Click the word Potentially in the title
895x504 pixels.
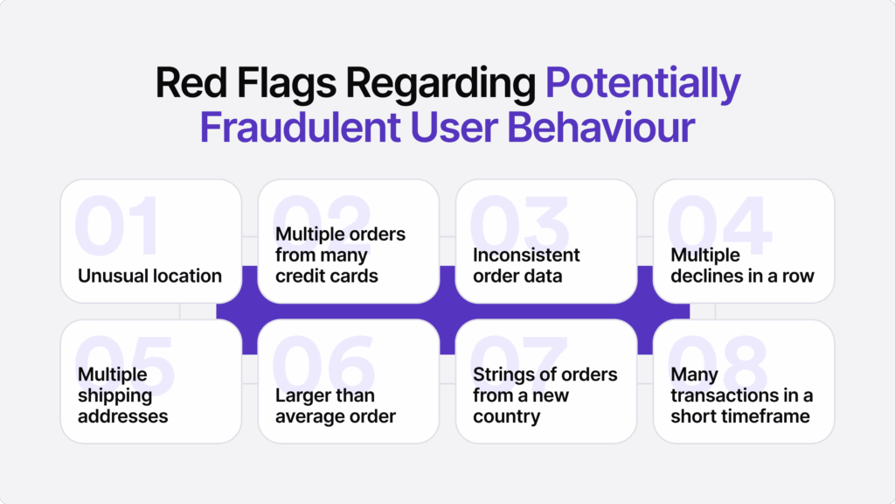(x=642, y=84)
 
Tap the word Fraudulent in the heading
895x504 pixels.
(x=300, y=127)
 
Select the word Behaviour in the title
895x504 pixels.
(x=601, y=127)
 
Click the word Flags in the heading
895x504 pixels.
(x=287, y=84)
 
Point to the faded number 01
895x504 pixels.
(x=117, y=226)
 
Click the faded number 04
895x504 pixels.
(x=719, y=226)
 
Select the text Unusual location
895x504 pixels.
(x=149, y=276)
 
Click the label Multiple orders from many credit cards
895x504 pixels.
(x=340, y=255)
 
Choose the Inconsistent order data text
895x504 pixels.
(x=526, y=265)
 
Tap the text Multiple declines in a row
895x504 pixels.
(x=742, y=265)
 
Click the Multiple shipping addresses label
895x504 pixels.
(x=122, y=395)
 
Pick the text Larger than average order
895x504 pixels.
(x=336, y=406)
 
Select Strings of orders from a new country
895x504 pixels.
(x=545, y=395)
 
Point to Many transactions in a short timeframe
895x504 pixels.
(x=741, y=395)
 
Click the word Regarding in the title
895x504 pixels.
(x=441, y=84)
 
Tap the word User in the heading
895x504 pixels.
(x=454, y=127)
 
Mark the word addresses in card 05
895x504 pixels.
(x=122, y=416)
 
